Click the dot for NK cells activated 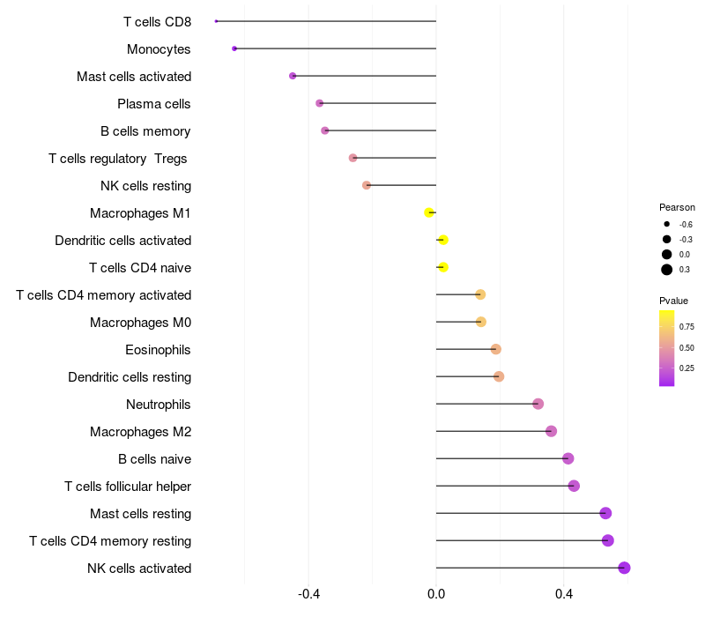(624, 568)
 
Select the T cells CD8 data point (216, 21)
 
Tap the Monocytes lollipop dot (234, 48)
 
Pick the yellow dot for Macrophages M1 (429, 212)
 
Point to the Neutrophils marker (538, 404)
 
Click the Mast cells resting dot (605, 513)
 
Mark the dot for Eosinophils (495, 349)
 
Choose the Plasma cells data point (320, 103)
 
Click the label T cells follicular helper (128, 487)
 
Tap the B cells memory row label (145, 131)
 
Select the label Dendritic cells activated (122, 241)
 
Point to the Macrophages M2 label (140, 432)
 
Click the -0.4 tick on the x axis (308, 594)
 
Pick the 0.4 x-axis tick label (564, 594)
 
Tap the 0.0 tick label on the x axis (436, 594)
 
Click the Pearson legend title (677, 207)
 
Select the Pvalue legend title (674, 301)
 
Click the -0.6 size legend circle (667, 225)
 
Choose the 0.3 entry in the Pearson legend (667, 270)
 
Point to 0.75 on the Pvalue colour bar (686, 326)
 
